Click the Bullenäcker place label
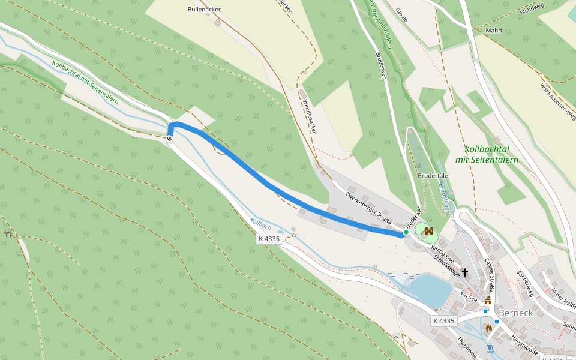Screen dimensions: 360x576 tap(204, 10)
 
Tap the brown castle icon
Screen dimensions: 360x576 tap(428, 231)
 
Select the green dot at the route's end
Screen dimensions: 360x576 tap(406, 232)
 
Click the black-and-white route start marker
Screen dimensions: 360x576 tap(170, 139)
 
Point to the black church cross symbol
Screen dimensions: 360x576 tap(465, 272)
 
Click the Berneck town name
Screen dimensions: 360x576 tap(515, 313)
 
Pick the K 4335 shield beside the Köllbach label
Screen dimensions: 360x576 tap(269, 239)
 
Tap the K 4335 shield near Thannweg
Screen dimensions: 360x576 tap(443, 321)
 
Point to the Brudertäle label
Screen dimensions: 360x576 tap(433, 176)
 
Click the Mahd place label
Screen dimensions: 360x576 tap(493, 29)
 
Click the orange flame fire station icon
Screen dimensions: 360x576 tap(488, 328)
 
